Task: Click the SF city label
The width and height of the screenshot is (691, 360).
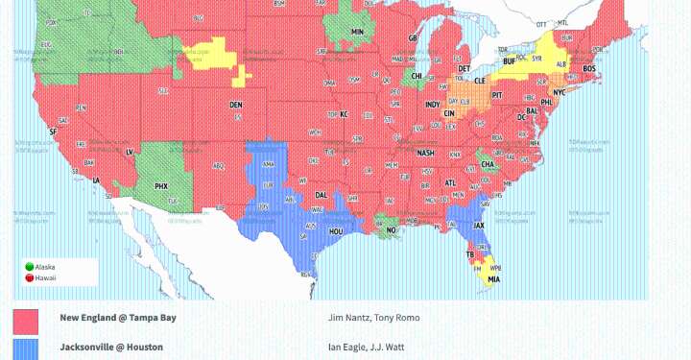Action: [x=53, y=132]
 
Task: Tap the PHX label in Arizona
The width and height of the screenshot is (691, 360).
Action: [x=161, y=185]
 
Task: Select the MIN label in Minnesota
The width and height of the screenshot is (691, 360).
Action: [x=357, y=32]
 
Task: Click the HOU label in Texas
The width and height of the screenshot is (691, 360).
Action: [x=337, y=231]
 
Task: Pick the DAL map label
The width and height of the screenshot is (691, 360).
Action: [x=322, y=194]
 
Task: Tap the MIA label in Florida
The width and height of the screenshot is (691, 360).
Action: [x=493, y=279]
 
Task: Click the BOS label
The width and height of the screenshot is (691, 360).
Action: [x=589, y=69]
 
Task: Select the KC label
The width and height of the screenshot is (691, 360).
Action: [x=343, y=114]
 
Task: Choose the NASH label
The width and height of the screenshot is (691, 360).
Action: [x=425, y=153]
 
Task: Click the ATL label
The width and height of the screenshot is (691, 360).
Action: [x=451, y=182]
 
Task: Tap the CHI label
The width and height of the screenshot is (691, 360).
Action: [x=417, y=75]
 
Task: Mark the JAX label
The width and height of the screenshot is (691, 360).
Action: [x=479, y=227]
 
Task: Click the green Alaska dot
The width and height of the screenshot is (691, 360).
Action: [x=29, y=266]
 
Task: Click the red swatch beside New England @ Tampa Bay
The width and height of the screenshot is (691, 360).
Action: [x=26, y=321]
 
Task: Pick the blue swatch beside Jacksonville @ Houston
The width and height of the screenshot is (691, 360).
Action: [x=26, y=348]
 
